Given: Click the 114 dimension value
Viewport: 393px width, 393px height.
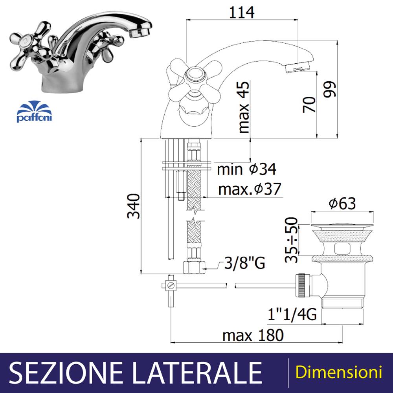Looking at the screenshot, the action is point(242,12).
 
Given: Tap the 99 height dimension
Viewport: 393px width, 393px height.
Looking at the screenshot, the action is point(329,89).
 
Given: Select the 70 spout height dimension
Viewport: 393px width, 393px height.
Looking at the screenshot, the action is point(309,105).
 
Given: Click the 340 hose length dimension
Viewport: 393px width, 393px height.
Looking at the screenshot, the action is point(133,206).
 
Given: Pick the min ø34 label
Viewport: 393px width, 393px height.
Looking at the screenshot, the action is point(247,169).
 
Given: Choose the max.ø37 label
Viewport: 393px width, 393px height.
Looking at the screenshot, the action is point(250,189).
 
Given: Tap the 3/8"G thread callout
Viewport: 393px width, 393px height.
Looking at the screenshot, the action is point(244,263).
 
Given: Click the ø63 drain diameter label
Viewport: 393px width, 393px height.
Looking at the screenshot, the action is point(342,203).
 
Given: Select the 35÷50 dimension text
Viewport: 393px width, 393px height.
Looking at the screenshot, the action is point(292,240).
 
